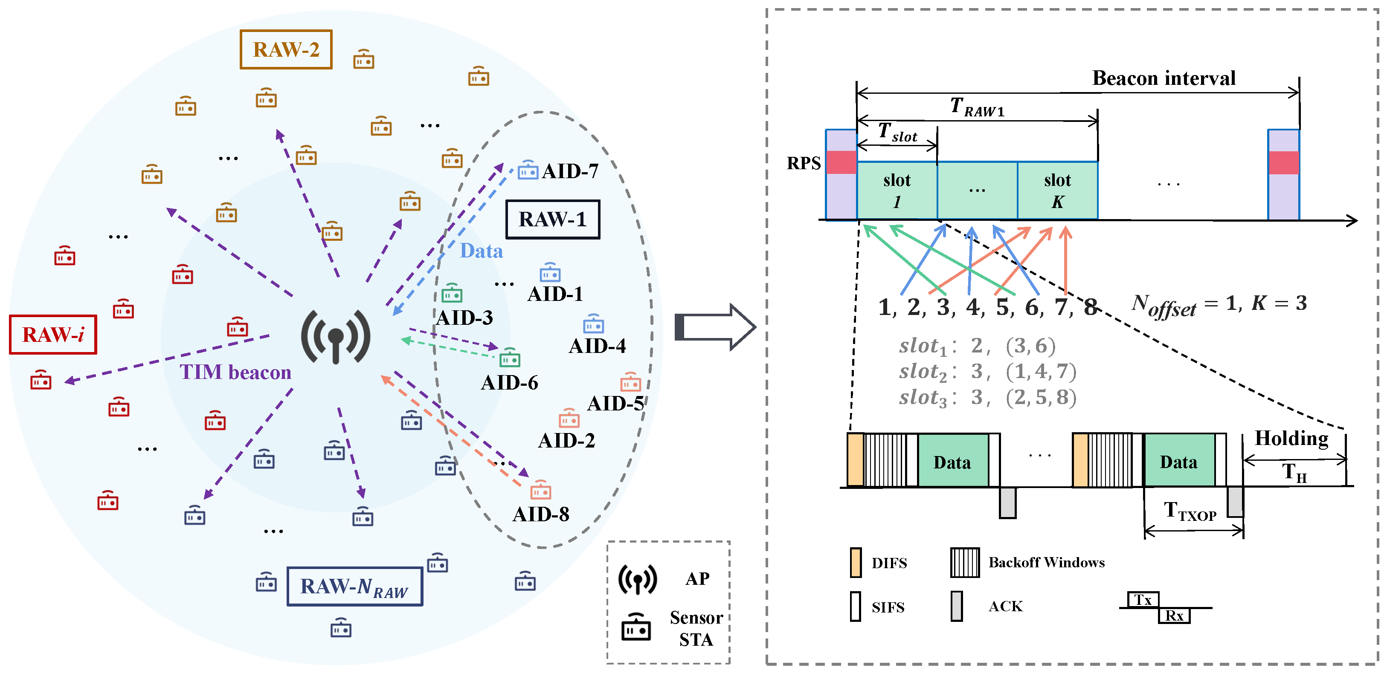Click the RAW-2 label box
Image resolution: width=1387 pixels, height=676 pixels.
285,49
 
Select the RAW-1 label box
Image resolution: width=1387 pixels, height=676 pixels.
552,219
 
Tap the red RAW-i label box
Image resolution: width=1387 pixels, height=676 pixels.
53,334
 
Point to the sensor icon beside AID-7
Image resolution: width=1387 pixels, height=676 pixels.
528,170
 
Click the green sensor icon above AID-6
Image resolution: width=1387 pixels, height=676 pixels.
509,357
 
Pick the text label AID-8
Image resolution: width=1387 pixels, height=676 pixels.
541,514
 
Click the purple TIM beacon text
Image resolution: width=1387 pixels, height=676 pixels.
235,372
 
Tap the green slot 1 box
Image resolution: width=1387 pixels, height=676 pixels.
897,191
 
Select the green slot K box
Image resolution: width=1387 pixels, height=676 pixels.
1057,191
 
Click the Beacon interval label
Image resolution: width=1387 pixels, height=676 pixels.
1164,78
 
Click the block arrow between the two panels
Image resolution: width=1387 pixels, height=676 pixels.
715,326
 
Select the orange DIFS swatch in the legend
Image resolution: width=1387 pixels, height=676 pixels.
856,563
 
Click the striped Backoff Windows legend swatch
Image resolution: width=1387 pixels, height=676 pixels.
965,563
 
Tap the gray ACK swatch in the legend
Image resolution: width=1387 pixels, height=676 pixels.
957,606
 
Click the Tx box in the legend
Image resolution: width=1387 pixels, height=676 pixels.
1143,600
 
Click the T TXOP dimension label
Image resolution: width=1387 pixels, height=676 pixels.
1190,511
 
